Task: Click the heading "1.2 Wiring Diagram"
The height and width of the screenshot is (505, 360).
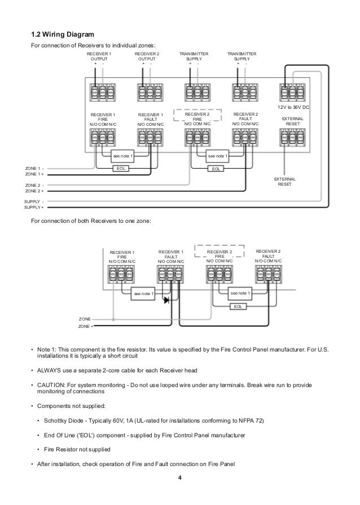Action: [63, 34]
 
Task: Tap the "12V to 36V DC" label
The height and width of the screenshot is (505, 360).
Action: [293, 107]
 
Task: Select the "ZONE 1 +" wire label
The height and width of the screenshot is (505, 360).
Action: [34, 174]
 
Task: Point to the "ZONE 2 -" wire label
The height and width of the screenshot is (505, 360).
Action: [34, 186]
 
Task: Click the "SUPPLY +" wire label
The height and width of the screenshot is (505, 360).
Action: [34, 208]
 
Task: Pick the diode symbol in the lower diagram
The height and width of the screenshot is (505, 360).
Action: [167, 300]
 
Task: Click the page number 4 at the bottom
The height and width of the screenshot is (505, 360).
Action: [179, 477]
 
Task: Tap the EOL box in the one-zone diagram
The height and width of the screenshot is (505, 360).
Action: [238, 306]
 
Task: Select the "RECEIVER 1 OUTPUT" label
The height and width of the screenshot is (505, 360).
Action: [99, 56]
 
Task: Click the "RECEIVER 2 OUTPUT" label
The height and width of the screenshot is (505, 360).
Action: [147, 56]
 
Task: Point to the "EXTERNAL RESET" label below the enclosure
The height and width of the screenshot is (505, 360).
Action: [284, 182]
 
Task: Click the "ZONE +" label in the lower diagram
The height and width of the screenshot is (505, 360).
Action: [86, 327]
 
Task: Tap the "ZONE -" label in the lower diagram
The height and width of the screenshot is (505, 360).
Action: [86, 319]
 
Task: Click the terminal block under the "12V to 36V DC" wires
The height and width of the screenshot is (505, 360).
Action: [292, 93]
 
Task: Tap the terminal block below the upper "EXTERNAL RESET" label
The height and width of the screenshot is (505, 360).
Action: [292, 138]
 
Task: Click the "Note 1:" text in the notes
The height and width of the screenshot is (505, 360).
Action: [47, 350]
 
